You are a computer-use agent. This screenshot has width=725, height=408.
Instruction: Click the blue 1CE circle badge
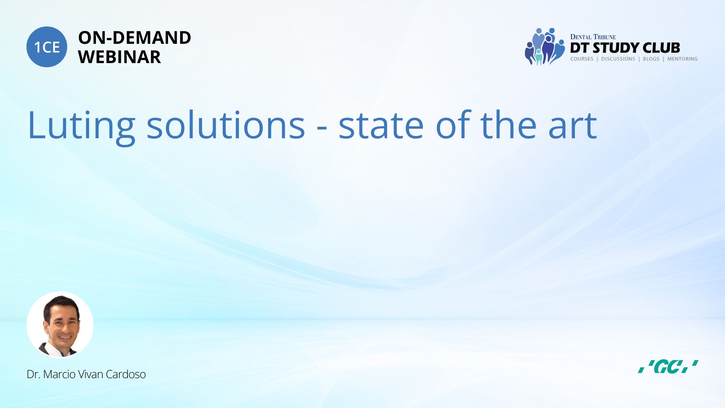point(47,47)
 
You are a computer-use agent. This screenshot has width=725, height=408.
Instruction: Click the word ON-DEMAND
point(134,38)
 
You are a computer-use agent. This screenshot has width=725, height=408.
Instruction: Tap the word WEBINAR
point(119,57)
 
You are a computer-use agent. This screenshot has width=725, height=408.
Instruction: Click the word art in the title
point(572,126)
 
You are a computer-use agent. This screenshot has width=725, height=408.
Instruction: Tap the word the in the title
point(508,125)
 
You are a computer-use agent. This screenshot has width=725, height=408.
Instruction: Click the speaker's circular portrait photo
point(60,325)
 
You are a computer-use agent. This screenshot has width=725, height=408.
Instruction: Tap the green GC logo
point(668,366)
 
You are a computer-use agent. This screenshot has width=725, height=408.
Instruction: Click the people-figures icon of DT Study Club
point(544,46)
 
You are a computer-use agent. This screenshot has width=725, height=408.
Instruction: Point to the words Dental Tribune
point(593,37)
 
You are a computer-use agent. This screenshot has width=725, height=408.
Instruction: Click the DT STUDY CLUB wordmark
point(625,48)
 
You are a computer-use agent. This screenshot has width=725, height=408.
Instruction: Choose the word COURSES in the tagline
point(582,59)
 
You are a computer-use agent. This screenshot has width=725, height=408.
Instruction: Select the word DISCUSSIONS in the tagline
point(618,59)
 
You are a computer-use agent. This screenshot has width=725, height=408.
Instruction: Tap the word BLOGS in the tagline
point(651,59)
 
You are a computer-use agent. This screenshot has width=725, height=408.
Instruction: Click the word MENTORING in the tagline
point(682,59)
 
